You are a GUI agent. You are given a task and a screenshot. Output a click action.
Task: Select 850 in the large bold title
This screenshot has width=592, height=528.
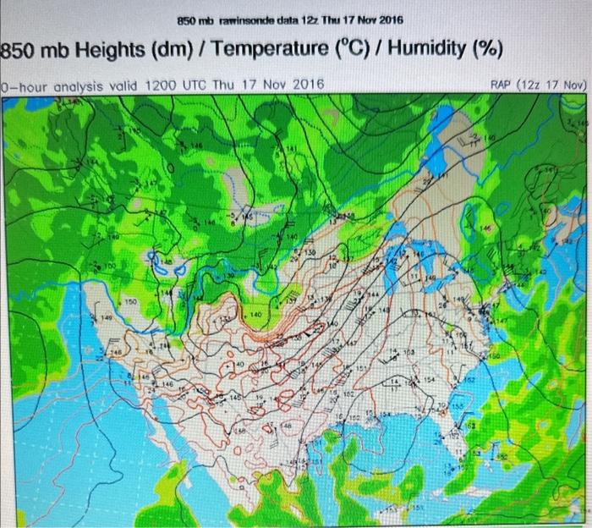click(18, 51)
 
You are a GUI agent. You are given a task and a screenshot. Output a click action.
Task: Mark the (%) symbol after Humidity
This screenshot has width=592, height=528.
click(485, 51)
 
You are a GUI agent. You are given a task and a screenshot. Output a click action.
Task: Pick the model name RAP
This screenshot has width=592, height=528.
click(505, 85)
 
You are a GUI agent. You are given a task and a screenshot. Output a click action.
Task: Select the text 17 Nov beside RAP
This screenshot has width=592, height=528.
click(567, 85)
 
